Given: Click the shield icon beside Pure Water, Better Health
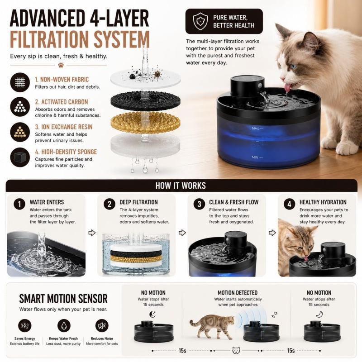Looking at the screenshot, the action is pyautogui.click(x=200, y=21).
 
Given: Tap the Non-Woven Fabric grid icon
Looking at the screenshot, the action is pyautogui.click(x=20, y=82).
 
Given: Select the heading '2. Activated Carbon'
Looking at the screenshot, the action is pyautogui.click(x=62, y=102).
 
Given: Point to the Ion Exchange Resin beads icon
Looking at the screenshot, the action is pyautogui.click(x=20, y=132).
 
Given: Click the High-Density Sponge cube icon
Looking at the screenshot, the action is pyautogui.click(x=20, y=157).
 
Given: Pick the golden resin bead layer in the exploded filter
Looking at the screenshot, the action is pyautogui.click(x=145, y=122).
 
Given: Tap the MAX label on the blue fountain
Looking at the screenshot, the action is pyautogui.click(x=256, y=129).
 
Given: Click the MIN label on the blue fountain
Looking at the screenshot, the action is pyautogui.click(x=255, y=157).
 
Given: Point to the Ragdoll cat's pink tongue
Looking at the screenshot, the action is pyautogui.click(x=288, y=87).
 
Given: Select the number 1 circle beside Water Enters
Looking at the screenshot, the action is pyautogui.click(x=19, y=204).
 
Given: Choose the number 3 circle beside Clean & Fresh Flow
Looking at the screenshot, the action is pyautogui.click(x=199, y=204).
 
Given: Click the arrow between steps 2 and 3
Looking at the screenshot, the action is pyautogui.click(x=182, y=233).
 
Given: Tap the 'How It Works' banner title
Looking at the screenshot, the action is pyautogui.click(x=181, y=186).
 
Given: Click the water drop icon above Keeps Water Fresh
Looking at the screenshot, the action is pyautogui.click(x=64, y=325).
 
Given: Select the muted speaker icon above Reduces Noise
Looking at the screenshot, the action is pyautogui.click(x=102, y=325).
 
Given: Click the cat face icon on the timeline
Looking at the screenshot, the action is pyautogui.click(x=236, y=350).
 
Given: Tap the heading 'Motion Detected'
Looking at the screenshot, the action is pyautogui.click(x=238, y=293).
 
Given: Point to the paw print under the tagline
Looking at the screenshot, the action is pyautogui.click(x=61, y=65).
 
